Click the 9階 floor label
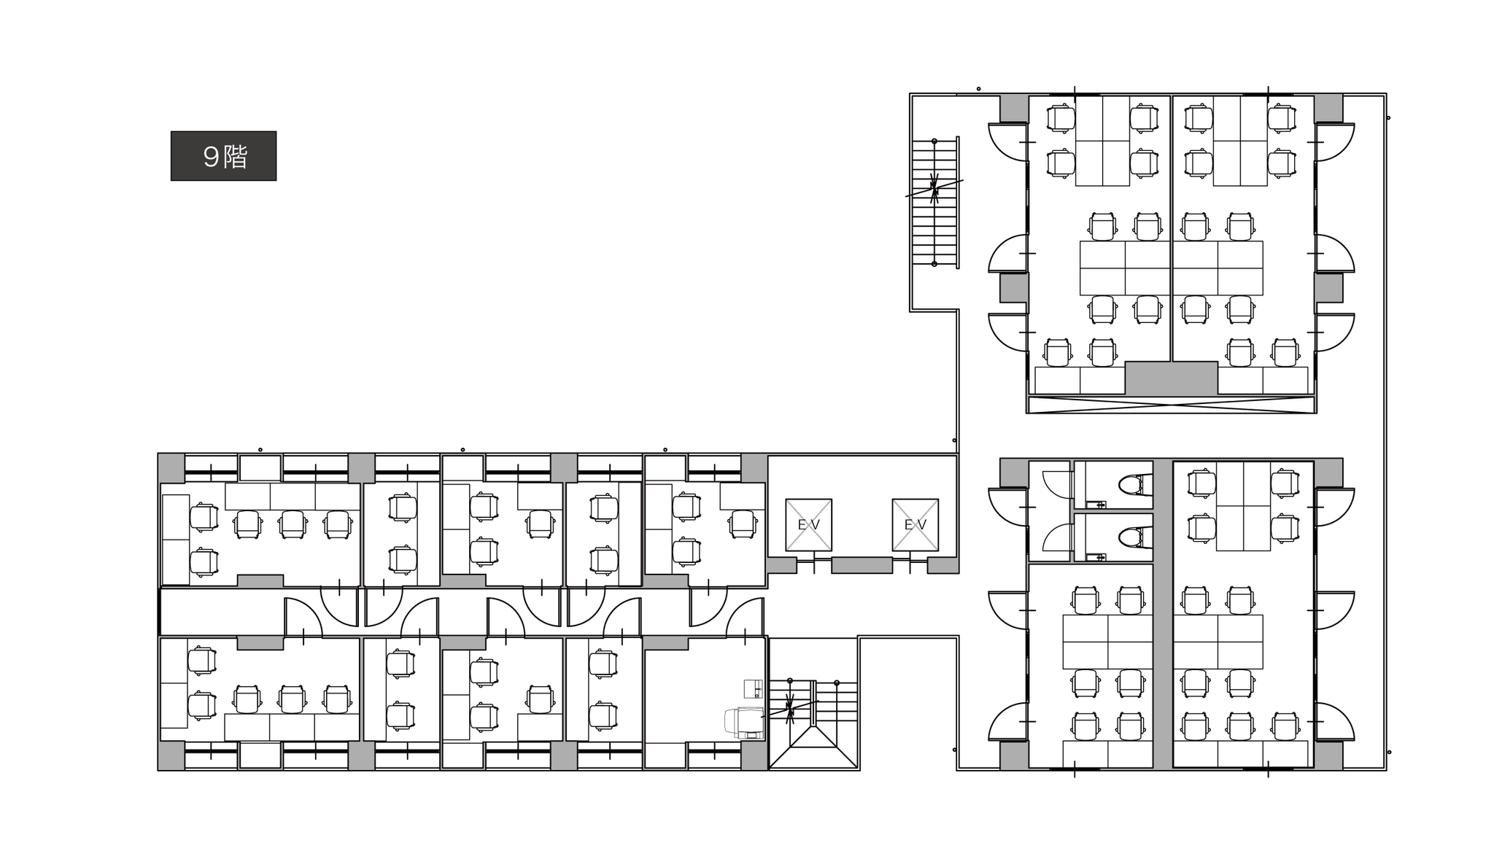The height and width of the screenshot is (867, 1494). point(223,156)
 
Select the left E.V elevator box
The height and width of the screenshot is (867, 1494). point(808,524)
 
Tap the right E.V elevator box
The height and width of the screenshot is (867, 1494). point(915,524)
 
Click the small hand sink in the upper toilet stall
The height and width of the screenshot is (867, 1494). point(1095,504)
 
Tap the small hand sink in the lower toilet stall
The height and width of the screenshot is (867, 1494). point(1095,558)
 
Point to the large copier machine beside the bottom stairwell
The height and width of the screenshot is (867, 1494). point(743,723)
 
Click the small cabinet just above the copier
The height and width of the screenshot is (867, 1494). point(752,688)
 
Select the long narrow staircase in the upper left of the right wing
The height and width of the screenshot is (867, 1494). point(934,202)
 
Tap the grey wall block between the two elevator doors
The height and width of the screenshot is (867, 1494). point(862,565)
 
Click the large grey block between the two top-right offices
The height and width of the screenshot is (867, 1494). point(1171,378)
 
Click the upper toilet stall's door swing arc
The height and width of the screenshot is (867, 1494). point(1056,483)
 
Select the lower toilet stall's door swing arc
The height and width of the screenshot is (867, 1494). point(1056,537)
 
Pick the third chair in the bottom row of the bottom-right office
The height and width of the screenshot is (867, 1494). point(1285,726)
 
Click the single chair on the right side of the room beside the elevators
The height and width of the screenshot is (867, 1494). point(743,524)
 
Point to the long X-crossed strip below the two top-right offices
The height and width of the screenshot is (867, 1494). point(1171,404)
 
